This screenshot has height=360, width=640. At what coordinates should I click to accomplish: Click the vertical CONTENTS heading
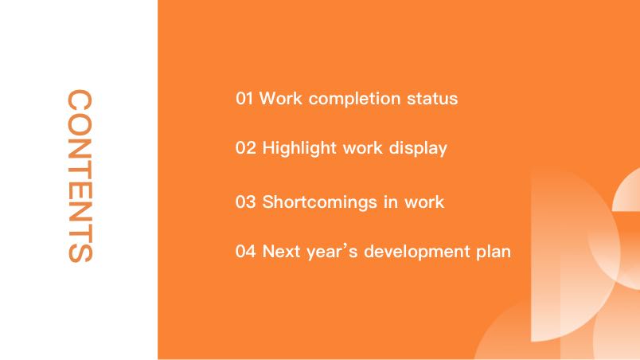[x=80, y=176]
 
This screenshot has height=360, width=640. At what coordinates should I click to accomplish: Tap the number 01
[x=244, y=99]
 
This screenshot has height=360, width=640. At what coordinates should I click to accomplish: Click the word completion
[x=354, y=100]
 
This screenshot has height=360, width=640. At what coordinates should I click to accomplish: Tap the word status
[x=432, y=99]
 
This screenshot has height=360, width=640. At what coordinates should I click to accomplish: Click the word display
[x=418, y=149]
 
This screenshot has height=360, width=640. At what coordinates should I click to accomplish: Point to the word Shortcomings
[x=319, y=203]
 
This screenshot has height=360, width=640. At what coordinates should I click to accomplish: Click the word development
[x=417, y=252]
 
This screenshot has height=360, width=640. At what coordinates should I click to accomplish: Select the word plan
[x=494, y=252]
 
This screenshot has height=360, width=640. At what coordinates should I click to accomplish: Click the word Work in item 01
[x=281, y=99]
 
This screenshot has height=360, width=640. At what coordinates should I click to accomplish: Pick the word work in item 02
[x=362, y=148]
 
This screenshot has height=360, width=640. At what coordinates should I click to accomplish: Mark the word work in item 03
[x=424, y=202]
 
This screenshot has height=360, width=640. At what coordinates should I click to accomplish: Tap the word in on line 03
[x=390, y=202]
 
